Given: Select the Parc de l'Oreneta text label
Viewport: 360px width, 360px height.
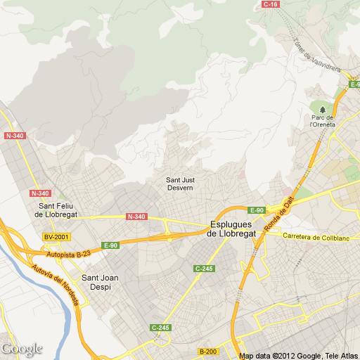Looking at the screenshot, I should tap(323, 121).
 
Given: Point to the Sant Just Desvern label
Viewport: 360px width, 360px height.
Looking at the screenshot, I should tap(181, 184).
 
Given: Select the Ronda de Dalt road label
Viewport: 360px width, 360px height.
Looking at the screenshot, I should tap(278, 215).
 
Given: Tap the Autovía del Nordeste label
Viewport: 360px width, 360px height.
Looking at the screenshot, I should tap(55, 280).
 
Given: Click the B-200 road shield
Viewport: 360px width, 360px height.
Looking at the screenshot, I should tap(207, 351).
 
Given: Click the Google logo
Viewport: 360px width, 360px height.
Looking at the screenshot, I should tap(22, 349).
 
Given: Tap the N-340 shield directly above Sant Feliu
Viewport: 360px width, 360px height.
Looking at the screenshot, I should tap(41, 193).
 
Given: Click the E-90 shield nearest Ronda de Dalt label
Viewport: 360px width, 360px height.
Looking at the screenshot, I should tap(256, 210).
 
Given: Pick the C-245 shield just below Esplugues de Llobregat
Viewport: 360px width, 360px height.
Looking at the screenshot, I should tap(204, 269).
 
